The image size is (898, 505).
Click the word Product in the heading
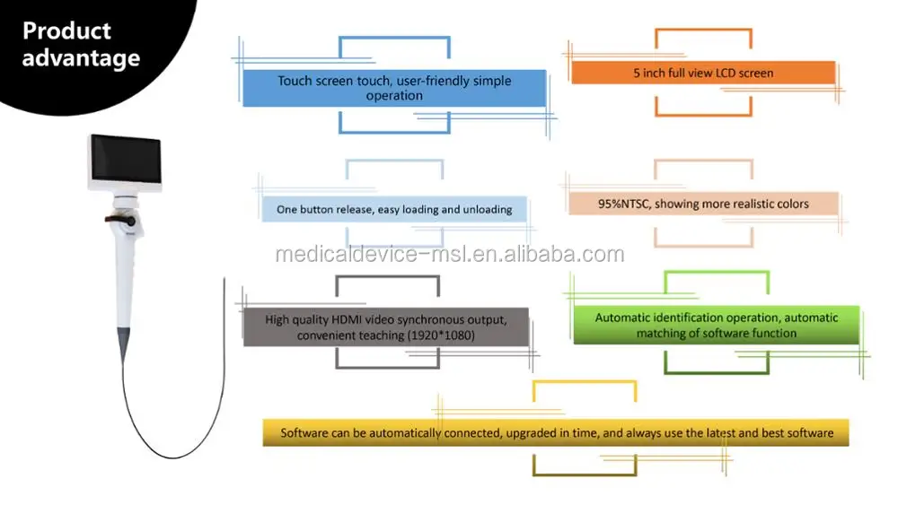pyautogui.click(x=66, y=30)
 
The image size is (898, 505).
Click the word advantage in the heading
pyautogui.click(x=81, y=59)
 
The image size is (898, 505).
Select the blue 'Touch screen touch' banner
pyautogui.click(x=394, y=88)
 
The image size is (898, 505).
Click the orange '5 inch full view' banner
pyautogui.click(x=703, y=73)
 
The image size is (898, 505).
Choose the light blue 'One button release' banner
pyautogui.click(x=394, y=209)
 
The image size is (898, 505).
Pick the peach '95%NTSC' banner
pyautogui.click(x=703, y=204)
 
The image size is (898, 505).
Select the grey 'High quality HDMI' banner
pyautogui.click(x=386, y=327)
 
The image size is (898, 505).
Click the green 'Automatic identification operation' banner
pyautogui.click(x=716, y=325)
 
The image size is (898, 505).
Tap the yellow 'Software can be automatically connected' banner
pyautogui.click(x=556, y=432)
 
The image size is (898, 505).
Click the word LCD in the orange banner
pyautogui.click(x=726, y=73)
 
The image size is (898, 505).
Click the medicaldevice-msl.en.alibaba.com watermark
pyautogui.click(x=449, y=254)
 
